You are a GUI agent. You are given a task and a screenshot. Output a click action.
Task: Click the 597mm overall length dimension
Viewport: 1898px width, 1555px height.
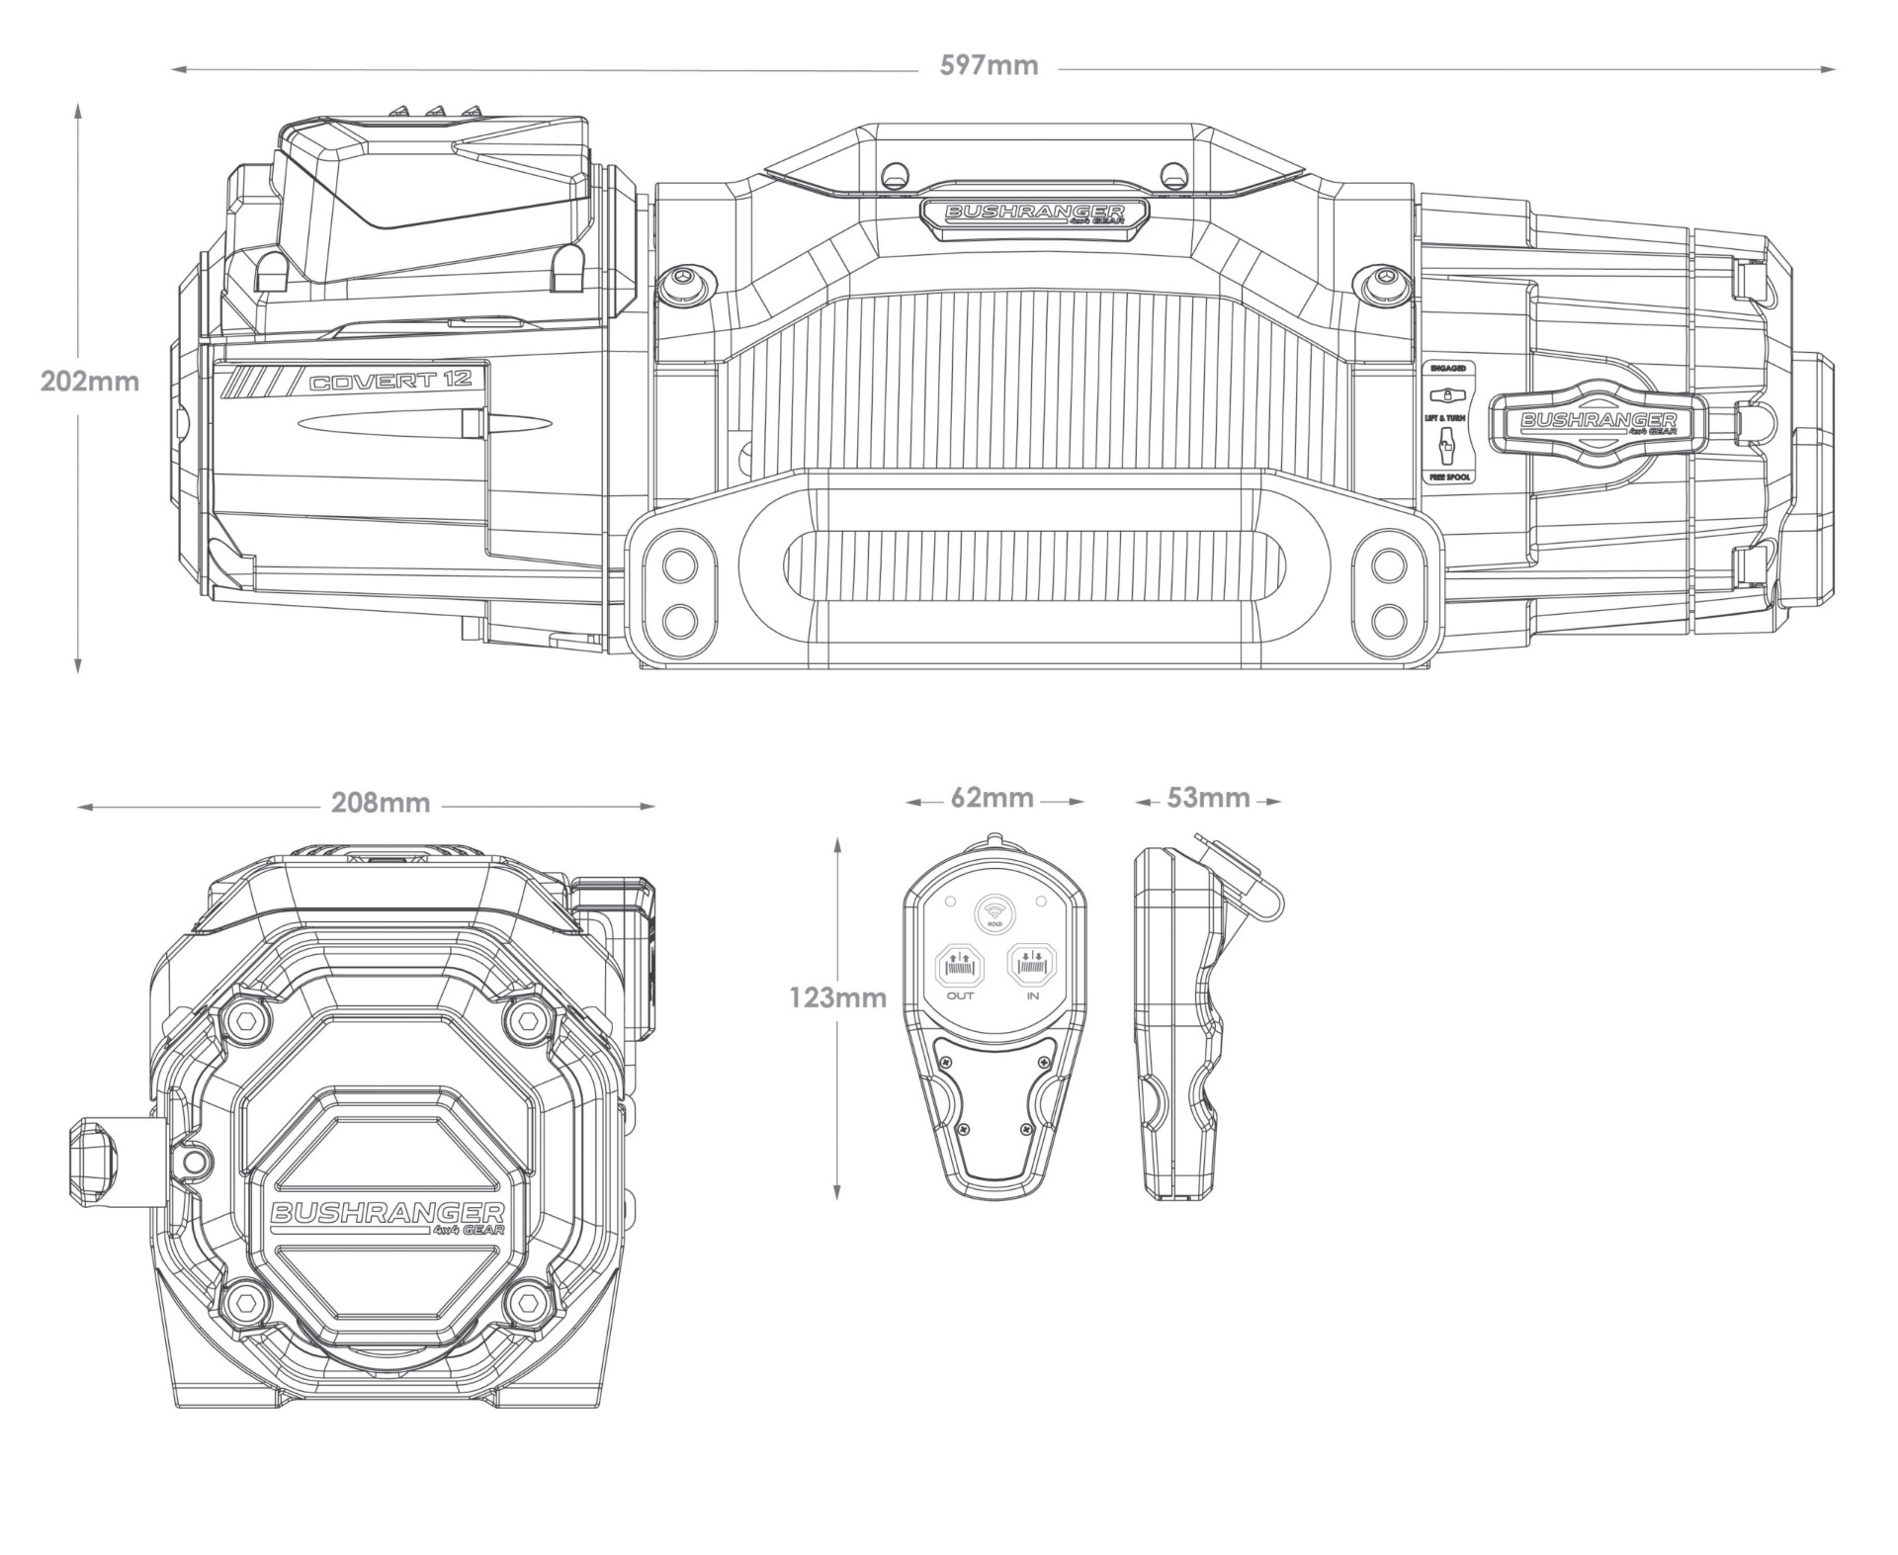tap(989, 66)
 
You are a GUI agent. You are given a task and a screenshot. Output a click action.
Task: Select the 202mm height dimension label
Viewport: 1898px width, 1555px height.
tap(90, 381)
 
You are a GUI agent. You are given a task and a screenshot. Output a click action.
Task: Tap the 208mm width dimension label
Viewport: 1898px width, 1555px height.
tap(381, 803)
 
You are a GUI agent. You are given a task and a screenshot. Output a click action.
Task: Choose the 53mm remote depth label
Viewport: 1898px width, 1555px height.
tap(1208, 798)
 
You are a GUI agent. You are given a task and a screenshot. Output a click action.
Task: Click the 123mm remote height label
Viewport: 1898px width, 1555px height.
tap(837, 998)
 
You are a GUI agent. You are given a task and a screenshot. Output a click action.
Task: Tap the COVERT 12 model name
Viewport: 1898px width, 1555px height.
tap(390, 382)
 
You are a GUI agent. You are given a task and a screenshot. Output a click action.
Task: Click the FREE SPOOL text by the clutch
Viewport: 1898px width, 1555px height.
tap(1447, 477)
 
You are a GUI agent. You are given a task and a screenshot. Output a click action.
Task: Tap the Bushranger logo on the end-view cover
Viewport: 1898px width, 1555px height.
tap(387, 1217)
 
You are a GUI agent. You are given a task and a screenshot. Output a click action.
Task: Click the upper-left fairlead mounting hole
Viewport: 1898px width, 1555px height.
tap(679, 566)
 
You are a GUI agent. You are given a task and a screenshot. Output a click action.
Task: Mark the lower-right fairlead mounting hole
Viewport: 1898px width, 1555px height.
tap(1390, 620)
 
